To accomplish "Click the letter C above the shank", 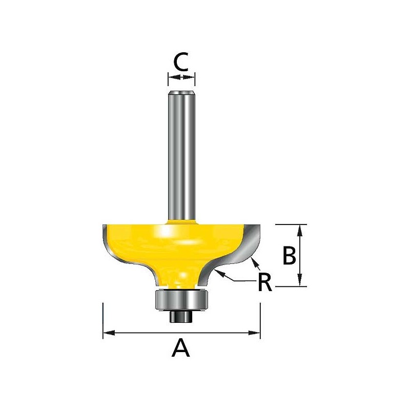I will [x=181, y=62].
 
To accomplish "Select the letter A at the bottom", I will [x=180, y=349].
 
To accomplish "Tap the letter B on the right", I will [x=289, y=256].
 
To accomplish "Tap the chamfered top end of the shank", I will [x=181, y=93].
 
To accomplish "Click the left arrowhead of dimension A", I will [x=107, y=334].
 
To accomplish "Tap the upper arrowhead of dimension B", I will [x=301, y=229].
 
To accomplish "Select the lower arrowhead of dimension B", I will [x=301, y=281].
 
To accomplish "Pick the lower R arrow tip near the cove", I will [x=219, y=273].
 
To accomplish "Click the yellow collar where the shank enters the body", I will [x=181, y=221].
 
